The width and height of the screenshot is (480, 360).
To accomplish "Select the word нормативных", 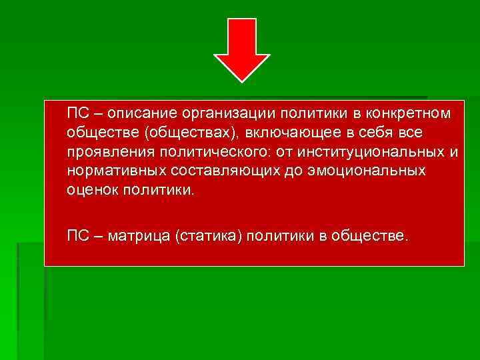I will [x=115, y=171].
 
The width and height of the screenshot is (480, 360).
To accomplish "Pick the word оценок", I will [x=93, y=190].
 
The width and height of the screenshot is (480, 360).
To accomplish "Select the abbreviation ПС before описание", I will [x=77, y=114].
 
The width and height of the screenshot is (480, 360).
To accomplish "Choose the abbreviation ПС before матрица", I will [x=77, y=236].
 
